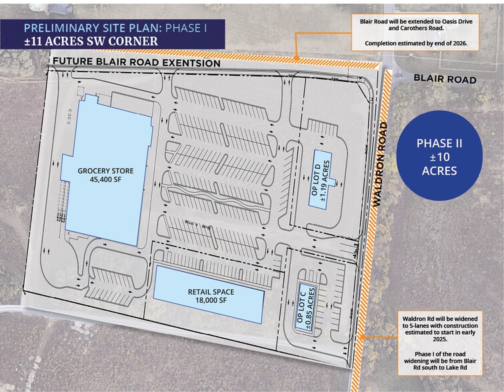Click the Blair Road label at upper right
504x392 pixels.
click(x=445, y=79)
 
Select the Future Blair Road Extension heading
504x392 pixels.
click(x=136, y=63)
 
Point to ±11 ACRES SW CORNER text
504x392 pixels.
click(x=90, y=41)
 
